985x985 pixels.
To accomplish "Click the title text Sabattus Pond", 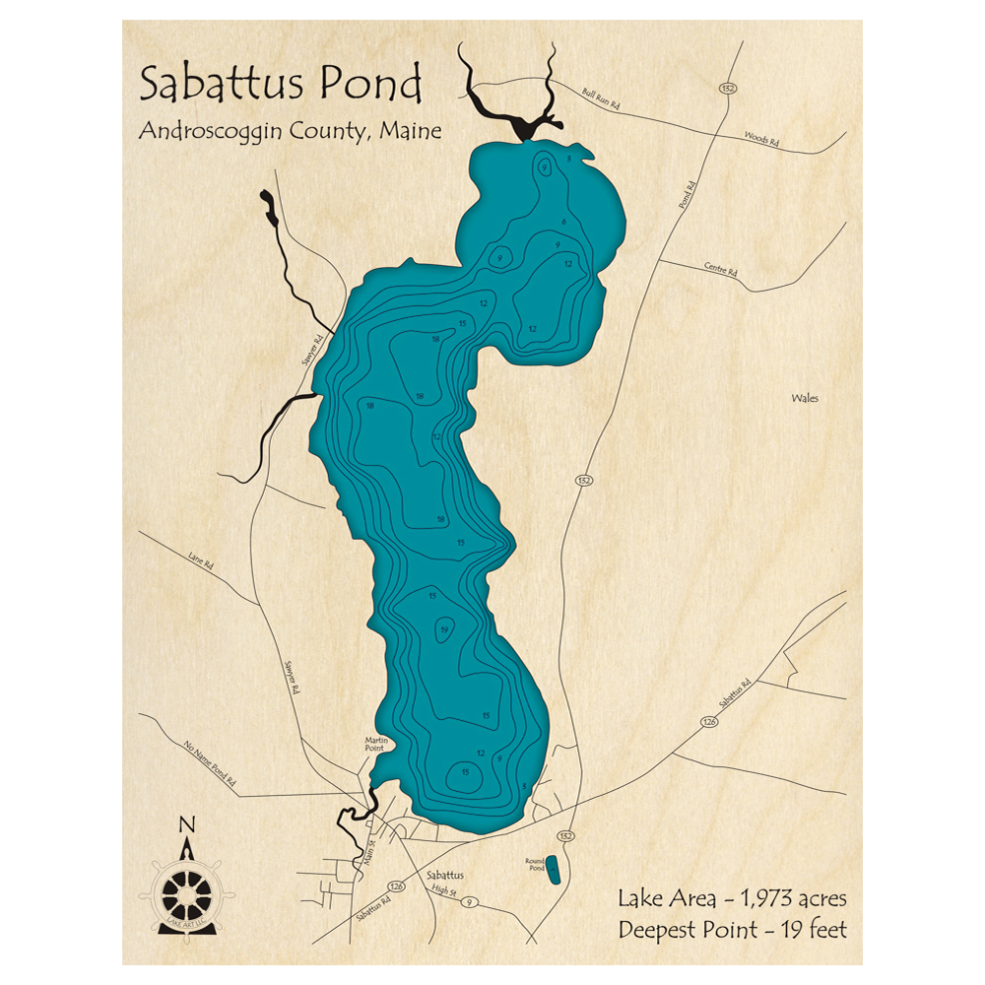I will (x=281, y=85).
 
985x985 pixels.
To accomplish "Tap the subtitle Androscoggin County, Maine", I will (x=290, y=131).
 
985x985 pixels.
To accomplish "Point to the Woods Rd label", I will (x=760, y=141).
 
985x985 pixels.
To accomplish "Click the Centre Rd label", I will (x=720, y=268).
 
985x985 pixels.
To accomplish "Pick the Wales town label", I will (x=805, y=399).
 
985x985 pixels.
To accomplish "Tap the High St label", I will (x=441, y=890).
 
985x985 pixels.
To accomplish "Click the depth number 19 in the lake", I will (x=445, y=630).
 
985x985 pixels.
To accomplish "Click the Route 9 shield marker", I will (x=472, y=901).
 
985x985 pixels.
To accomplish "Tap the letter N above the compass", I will (x=187, y=825).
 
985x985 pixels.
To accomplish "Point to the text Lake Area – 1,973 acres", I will (x=732, y=898).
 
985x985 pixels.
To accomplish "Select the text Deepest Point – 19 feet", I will (x=732, y=929).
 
